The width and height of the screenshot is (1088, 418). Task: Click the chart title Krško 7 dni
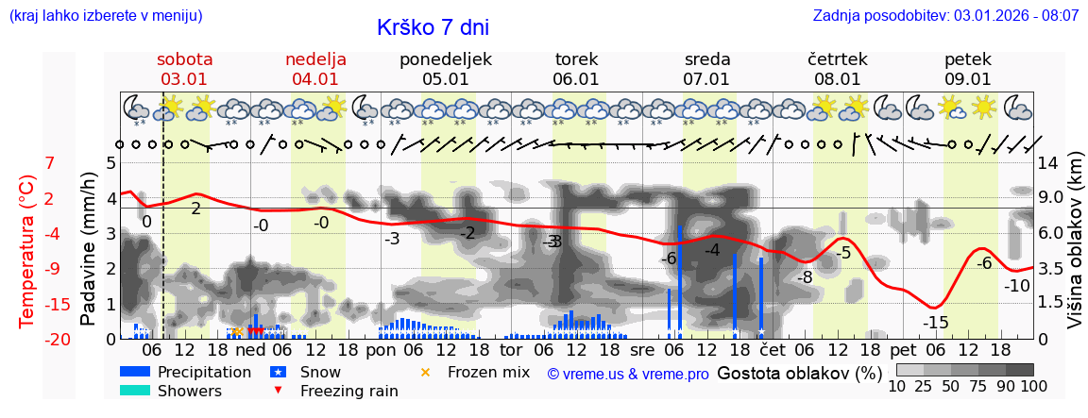click(x=433, y=28)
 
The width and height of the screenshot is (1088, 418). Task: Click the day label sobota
click(x=184, y=59)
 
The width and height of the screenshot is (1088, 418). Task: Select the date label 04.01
click(x=314, y=79)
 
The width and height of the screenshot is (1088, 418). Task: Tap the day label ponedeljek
click(x=446, y=59)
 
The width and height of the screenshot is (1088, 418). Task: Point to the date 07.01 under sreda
click(x=706, y=79)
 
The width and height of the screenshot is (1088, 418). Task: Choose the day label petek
click(x=967, y=59)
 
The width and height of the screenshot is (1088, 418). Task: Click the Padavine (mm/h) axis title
click(x=89, y=250)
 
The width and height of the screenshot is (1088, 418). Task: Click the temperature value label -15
click(x=935, y=323)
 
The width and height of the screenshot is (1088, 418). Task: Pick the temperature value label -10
click(x=1016, y=286)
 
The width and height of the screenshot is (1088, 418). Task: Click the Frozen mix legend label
click(x=488, y=372)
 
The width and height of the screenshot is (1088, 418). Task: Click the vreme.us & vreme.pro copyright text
click(x=628, y=374)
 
